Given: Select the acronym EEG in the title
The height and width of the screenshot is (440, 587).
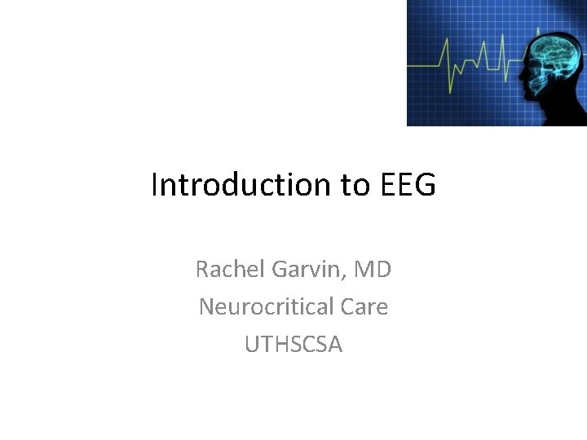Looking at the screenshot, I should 408,185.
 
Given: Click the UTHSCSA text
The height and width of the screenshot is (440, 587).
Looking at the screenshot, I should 293,344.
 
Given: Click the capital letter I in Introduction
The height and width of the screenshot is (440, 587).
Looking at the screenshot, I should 154,185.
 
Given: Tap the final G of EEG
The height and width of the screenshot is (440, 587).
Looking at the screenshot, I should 426,185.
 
